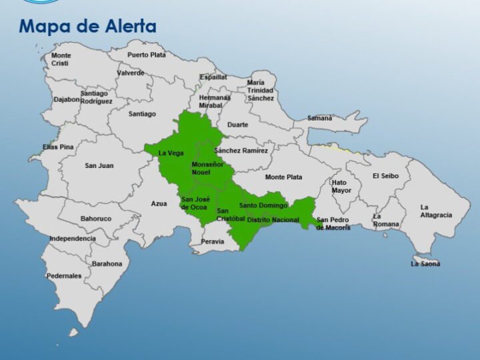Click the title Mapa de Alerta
pyautogui.click(x=87, y=27)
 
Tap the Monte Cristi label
pyautogui.click(x=61, y=59)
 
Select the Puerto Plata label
pyautogui.click(x=147, y=55)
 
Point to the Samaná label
pyautogui.click(x=319, y=118)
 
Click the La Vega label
pyautogui.click(x=171, y=153)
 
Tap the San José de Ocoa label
pyautogui.click(x=194, y=203)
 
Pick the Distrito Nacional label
pyautogui.click(x=273, y=220)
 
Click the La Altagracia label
pyautogui.click(x=436, y=211)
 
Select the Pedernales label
pyautogui.click(x=64, y=275)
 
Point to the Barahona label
pyautogui.click(x=107, y=264)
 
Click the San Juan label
pyautogui.click(x=99, y=165)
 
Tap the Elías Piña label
pyautogui.click(x=58, y=147)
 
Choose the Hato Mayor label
pyautogui.click(x=341, y=186)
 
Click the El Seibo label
pyautogui.click(x=385, y=176)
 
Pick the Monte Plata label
pyautogui.click(x=283, y=177)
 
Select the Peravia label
pyautogui.click(x=213, y=241)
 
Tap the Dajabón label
pyautogui.click(x=67, y=100)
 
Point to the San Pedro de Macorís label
pyautogui.click(x=333, y=224)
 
